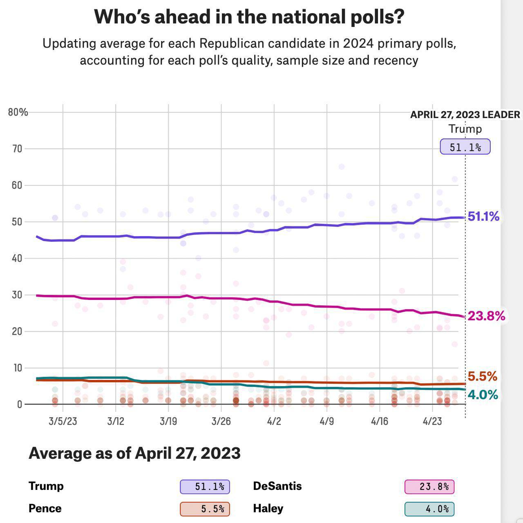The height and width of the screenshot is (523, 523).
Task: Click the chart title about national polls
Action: coord(249,17)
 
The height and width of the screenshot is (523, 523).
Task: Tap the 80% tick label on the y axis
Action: coord(18,112)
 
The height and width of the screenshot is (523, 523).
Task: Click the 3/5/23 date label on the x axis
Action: coord(63,421)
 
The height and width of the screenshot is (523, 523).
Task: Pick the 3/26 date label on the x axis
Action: coord(221,421)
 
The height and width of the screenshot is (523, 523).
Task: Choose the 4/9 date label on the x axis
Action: coord(326,421)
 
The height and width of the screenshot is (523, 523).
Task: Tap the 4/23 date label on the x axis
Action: coord(432,421)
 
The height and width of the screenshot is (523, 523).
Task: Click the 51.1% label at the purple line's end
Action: coord(483,217)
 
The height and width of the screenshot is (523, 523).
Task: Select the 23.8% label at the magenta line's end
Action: coord(486,316)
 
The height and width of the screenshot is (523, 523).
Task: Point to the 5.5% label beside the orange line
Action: coord(482,376)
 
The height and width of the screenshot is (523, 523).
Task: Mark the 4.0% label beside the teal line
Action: coord(483,395)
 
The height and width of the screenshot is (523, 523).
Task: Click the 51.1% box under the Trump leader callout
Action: coord(465,147)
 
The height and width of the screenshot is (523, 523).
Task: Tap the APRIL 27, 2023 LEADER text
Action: coord(465,115)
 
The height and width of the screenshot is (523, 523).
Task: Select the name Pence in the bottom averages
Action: coord(45,509)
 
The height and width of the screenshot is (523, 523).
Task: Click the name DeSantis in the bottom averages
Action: coord(277,486)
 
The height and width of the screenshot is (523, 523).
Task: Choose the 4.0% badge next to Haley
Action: coord(429,509)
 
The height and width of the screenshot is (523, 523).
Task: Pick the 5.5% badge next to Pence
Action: coord(205,509)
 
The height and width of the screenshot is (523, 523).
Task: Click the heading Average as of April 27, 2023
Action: coord(134,453)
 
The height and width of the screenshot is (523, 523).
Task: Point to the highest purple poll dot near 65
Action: coord(342,167)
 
